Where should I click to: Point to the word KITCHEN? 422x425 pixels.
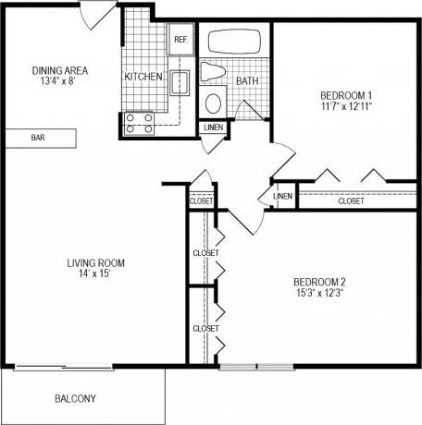[143, 77]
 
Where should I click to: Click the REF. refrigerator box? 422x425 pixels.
[180, 41]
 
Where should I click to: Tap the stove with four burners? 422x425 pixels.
[139, 123]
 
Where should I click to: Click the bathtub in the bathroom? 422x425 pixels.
[235, 42]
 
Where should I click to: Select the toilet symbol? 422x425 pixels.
[212, 73]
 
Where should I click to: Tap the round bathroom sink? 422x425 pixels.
[214, 102]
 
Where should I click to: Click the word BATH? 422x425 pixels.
[247, 81]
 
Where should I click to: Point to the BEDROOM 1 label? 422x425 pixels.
[347, 95]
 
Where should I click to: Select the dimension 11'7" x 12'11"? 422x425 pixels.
[347, 108]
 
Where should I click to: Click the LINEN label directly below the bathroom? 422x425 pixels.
[213, 127]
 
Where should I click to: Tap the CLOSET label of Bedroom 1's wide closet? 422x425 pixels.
[351, 200]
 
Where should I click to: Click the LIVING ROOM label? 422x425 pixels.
[95, 262]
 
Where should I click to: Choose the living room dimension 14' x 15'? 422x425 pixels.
[95, 275]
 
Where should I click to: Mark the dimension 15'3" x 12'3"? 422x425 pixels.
[319, 294]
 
